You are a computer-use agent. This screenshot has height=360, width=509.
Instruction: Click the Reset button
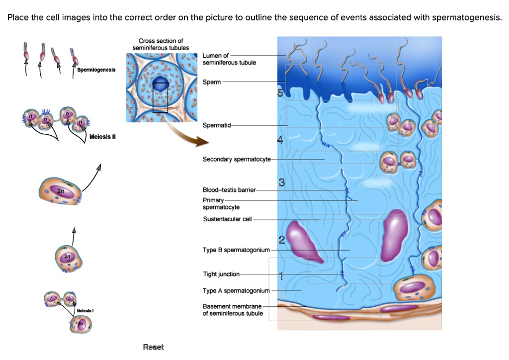coord(153,347)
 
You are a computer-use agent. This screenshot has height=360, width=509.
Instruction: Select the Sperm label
coord(212,82)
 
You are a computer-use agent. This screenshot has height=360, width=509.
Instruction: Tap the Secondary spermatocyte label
coord(237,159)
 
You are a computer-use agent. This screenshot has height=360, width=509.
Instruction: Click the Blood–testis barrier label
coord(229,190)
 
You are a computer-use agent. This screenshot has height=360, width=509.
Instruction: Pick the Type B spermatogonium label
coord(236,250)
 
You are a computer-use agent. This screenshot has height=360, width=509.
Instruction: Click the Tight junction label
coord(221,274)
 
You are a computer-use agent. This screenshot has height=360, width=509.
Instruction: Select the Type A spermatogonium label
coord(236,290)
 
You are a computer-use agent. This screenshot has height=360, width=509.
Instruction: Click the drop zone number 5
coord(280,93)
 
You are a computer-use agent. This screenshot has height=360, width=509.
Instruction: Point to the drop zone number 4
coord(280,140)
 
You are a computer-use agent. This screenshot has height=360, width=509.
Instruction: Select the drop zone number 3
coord(281,183)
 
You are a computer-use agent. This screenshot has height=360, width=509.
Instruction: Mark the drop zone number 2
coord(281,241)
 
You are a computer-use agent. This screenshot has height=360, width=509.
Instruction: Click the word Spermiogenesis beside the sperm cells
coord(96,70)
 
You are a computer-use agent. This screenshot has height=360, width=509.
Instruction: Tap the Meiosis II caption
coord(102,137)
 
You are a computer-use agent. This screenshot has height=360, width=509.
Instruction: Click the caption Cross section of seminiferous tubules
coord(161,44)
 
